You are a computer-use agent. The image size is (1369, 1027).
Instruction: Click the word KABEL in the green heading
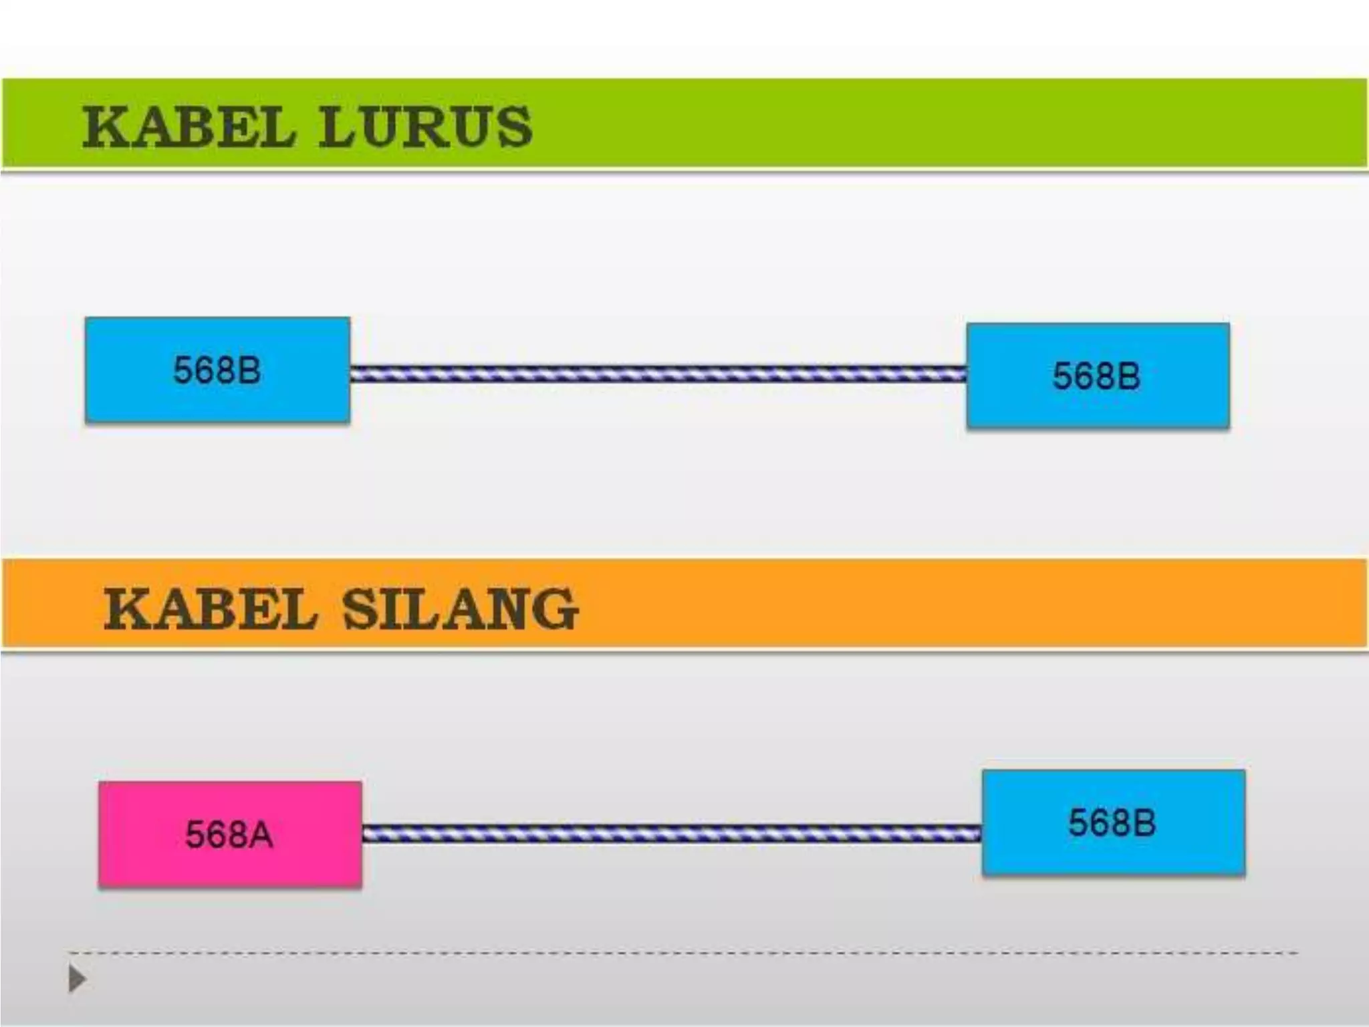pos(188,126)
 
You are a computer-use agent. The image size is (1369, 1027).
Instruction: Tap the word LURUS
pos(425,126)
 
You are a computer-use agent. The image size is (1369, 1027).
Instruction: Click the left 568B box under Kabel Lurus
pos(217,370)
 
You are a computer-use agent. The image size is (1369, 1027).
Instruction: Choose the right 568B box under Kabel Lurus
pos(1098,375)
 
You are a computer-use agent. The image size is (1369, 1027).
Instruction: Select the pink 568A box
pos(230,834)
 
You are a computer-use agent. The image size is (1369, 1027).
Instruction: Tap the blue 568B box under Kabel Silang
pos(1113,822)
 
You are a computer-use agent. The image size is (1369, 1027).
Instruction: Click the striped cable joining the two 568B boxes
pos(658,374)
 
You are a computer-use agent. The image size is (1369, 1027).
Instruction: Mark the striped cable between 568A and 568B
pos(672,833)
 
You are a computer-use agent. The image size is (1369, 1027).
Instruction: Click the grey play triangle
pos(78,980)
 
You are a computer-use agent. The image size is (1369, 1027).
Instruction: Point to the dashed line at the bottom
pos(682,952)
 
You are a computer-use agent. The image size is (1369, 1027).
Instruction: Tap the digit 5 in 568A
pos(195,835)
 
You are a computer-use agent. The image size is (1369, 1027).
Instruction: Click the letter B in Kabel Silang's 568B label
pos(1144,823)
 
